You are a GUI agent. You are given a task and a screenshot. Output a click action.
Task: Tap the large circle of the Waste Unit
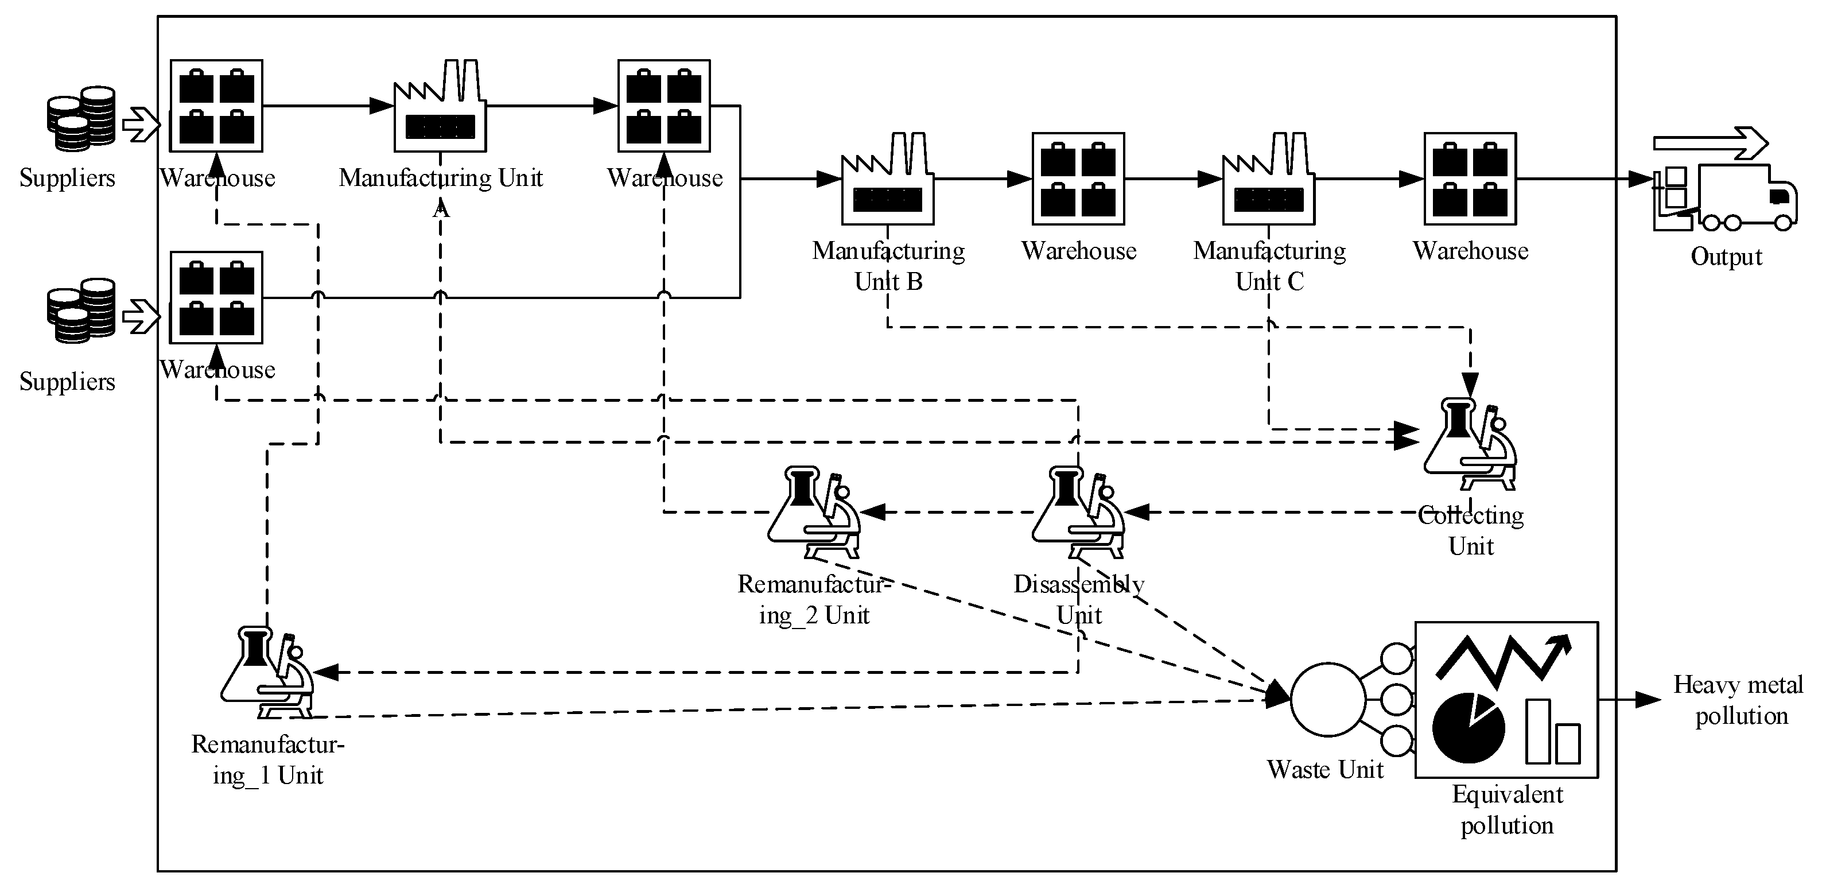point(1327,700)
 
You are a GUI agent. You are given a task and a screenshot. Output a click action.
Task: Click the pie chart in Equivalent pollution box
point(1469,728)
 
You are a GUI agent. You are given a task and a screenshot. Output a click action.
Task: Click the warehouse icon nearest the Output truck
point(1470,179)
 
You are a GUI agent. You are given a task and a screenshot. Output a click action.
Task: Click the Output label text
point(1726,256)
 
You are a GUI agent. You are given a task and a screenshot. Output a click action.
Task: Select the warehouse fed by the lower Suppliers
point(216,298)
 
